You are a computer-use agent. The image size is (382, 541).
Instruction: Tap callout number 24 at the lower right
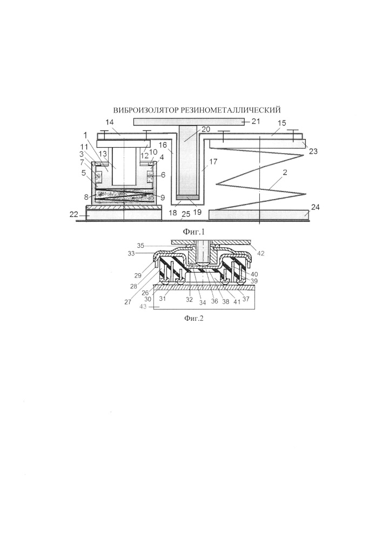[x=316, y=207]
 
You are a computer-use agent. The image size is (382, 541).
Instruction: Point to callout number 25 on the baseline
[x=186, y=215]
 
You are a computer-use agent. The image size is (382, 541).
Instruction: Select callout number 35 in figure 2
[x=140, y=246]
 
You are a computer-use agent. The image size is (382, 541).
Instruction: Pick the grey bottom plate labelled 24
[x=259, y=215]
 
